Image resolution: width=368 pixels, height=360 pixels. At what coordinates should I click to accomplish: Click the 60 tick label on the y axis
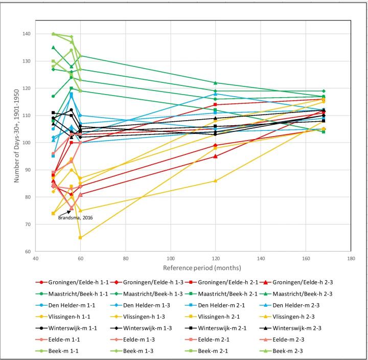(x=27, y=252)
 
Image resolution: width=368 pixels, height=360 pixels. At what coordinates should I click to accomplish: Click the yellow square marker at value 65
(x=80, y=238)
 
